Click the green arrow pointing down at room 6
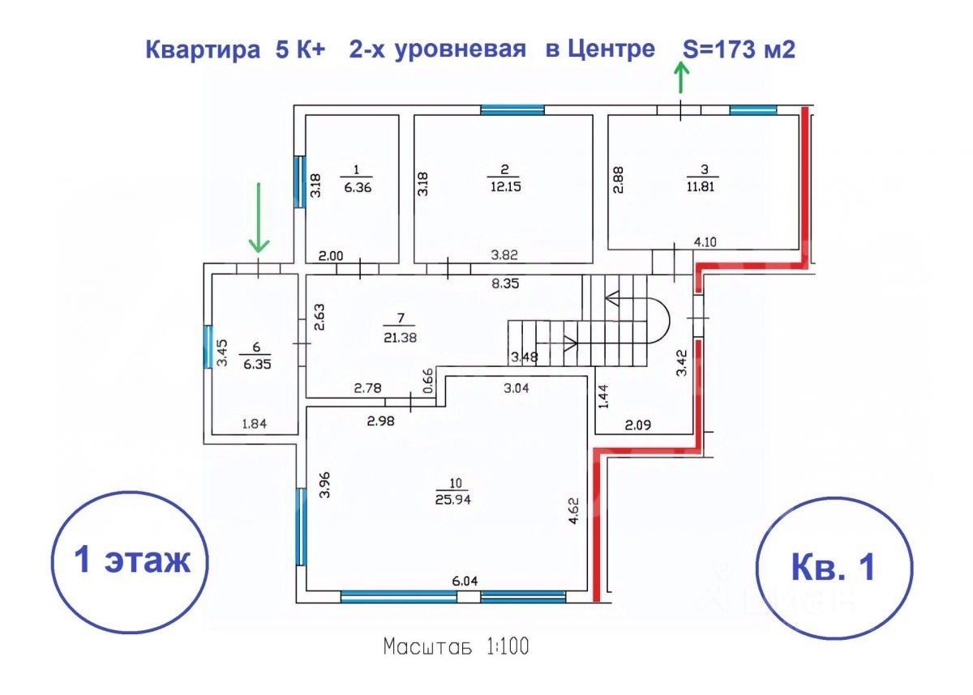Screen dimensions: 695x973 [259, 217]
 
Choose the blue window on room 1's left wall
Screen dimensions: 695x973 [298, 182]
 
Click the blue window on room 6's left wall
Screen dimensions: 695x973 [208, 347]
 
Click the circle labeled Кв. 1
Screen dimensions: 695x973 [833, 566]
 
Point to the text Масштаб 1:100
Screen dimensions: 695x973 [458, 647]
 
